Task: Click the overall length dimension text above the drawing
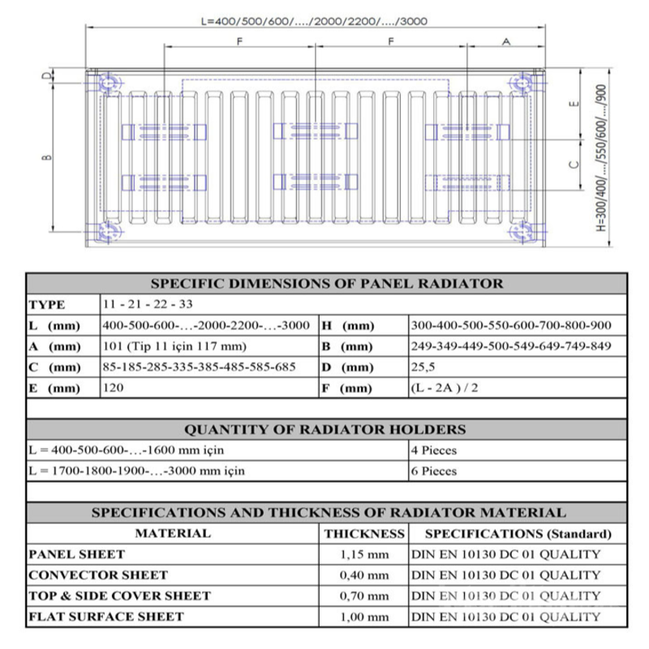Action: coord(313,20)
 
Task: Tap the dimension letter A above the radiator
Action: coord(506,41)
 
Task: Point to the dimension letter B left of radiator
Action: coord(46,157)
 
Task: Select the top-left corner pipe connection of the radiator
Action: coord(107,84)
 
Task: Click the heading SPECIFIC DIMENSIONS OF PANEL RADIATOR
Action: coord(327,284)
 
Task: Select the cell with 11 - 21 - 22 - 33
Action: coord(145,305)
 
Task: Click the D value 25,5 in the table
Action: coord(426,367)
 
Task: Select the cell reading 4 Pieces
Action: coord(434,450)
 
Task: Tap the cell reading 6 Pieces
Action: coord(434,471)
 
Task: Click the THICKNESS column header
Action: coord(364,534)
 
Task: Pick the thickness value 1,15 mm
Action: coord(363,555)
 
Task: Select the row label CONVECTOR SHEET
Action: coord(98,575)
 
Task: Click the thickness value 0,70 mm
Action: coord(363,596)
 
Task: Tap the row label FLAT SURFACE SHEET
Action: coord(106,617)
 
